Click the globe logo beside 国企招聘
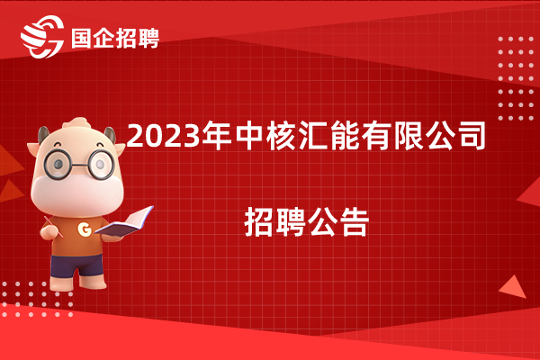[x=42, y=37]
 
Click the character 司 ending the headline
[x=471, y=136]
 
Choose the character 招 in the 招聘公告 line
[x=259, y=222]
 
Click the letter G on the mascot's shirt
[x=85, y=229]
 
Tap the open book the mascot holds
[x=125, y=222]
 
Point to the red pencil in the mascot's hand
[x=54, y=228]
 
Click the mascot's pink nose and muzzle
[x=76, y=193]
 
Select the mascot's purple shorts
[x=76, y=265]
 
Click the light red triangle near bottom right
[x=513, y=288]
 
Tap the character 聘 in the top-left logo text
[x=148, y=38]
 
